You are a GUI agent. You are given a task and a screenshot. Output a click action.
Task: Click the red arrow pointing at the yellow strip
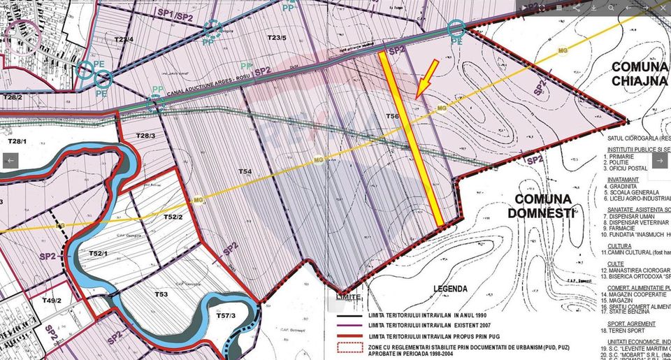426,79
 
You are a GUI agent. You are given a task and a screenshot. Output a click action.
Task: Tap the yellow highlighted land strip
411,140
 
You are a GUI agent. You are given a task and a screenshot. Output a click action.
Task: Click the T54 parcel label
244,171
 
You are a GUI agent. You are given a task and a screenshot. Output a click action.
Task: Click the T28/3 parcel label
145,136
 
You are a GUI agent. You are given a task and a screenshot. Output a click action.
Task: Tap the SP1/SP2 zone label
175,14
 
